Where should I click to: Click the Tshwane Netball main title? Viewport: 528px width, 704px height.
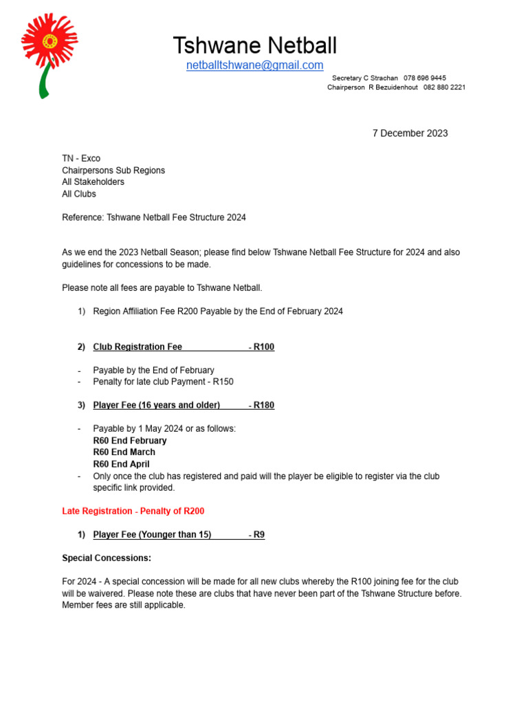[x=255, y=46]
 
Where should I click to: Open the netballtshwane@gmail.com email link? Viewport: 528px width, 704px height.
[x=254, y=65]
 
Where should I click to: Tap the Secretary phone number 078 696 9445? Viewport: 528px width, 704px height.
[x=424, y=78]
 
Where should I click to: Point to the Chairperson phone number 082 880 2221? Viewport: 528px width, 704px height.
[x=444, y=88]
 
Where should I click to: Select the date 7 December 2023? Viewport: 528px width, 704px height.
[x=410, y=133]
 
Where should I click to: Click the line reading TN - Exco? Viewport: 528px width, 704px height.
[x=81, y=159]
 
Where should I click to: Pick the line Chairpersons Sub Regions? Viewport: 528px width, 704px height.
[x=113, y=170]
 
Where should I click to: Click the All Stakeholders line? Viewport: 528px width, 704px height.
[x=93, y=182]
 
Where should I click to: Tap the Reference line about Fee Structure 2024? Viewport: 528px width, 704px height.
[x=154, y=217]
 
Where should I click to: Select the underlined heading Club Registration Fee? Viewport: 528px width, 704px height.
[x=137, y=347]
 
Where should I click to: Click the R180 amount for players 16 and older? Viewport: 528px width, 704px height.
[x=264, y=406]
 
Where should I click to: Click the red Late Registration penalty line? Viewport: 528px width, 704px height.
[x=133, y=511]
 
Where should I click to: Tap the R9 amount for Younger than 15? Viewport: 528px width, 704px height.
[x=259, y=535]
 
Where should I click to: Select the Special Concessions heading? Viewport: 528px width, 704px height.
[x=107, y=558]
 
